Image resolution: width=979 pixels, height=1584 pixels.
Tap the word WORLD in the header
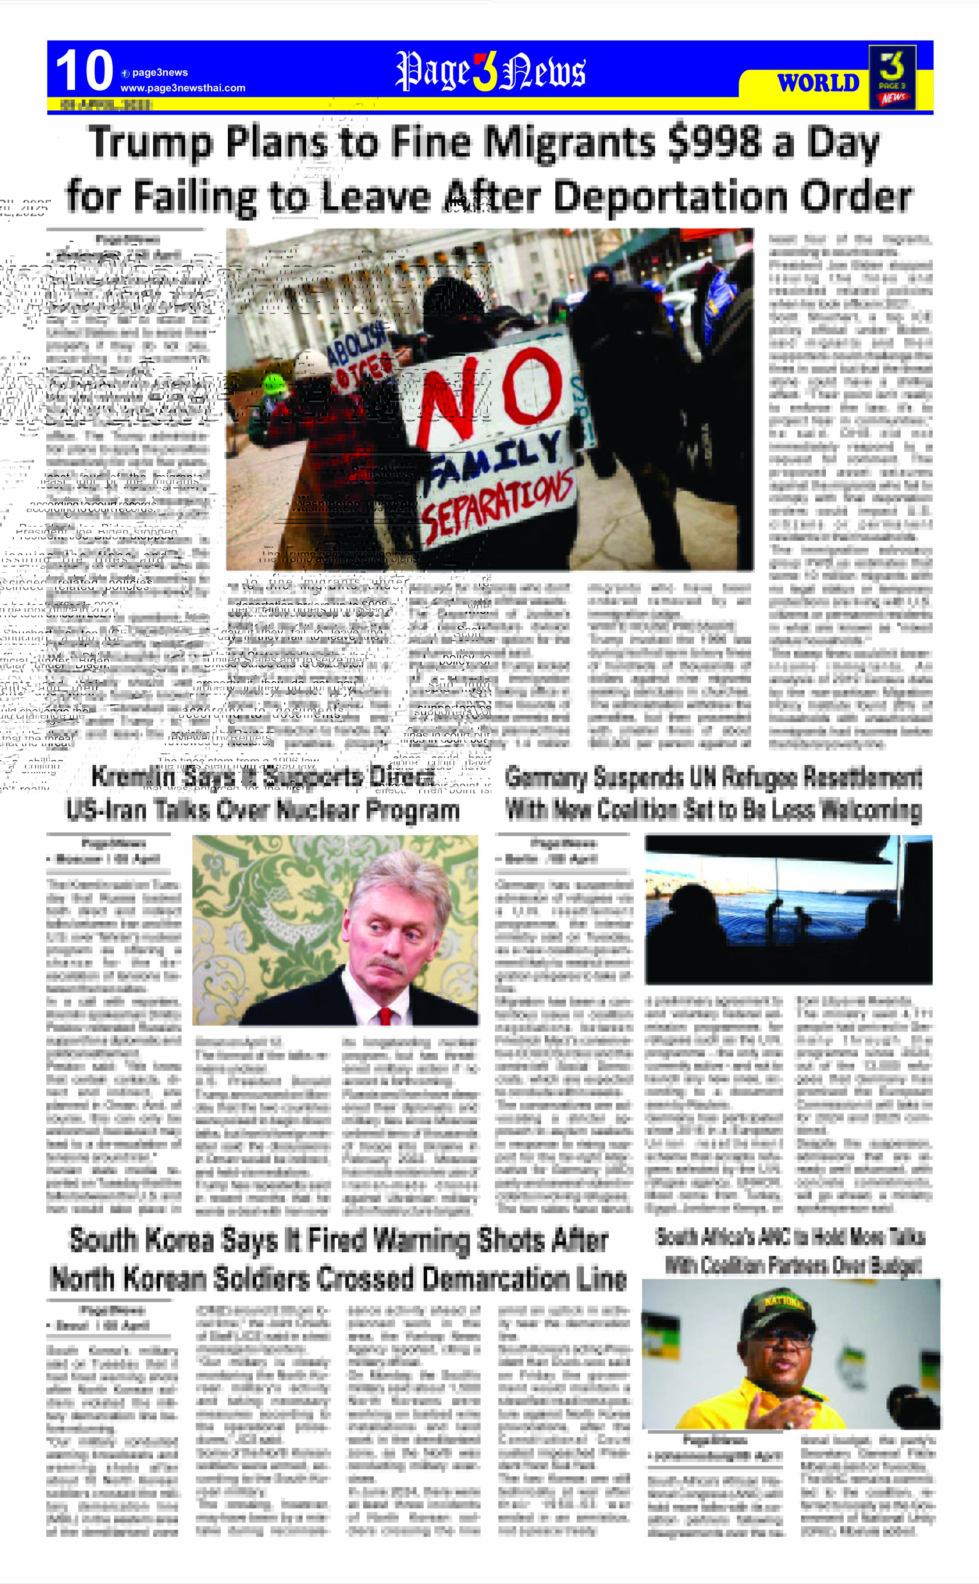(818, 83)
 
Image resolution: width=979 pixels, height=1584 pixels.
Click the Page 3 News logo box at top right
(892, 77)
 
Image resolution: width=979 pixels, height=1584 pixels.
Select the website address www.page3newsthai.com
(183, 88)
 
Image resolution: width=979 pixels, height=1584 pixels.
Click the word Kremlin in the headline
(132, 776)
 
